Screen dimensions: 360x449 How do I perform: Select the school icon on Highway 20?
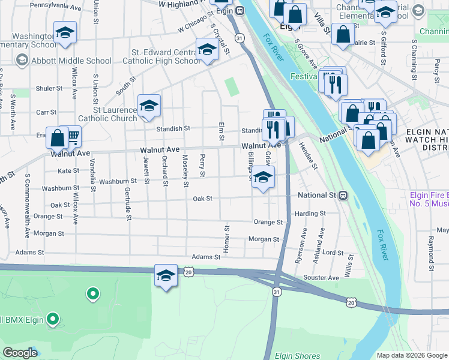[x=166, y=277]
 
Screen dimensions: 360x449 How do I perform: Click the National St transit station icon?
[x=343, y=195]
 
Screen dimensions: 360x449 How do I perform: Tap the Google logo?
[x=20, y=353]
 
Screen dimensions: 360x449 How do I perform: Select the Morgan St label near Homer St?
[x=264, y=239]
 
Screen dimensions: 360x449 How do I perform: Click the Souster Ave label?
[x=322, y=278]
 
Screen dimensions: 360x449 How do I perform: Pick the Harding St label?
[x=310, y=213]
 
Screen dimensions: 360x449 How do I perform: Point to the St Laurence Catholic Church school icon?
[x=149, y=107]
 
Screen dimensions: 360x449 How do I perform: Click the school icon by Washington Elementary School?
[x=65, y=34]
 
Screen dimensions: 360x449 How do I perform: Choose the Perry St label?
[x=203, y=166]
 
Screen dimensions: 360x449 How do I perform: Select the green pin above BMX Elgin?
[x=92, y=294]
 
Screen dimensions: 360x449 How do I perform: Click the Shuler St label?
[x=49, y=88]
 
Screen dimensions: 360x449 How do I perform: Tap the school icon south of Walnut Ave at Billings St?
[x=262, y=178]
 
